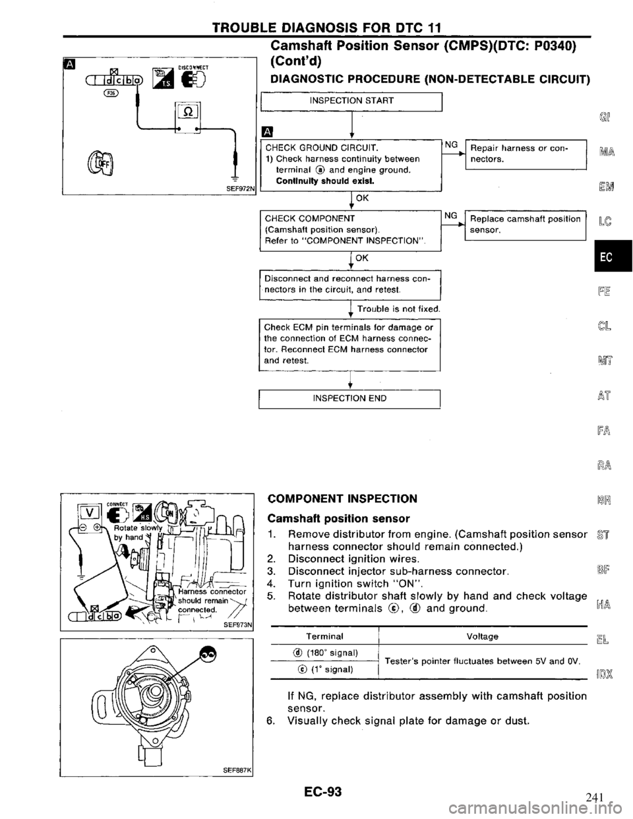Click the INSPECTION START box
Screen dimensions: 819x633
(x=351, y=100)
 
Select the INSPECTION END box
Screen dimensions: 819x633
(x=351, y=398)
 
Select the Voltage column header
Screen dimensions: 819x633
(x=481, y=636)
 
